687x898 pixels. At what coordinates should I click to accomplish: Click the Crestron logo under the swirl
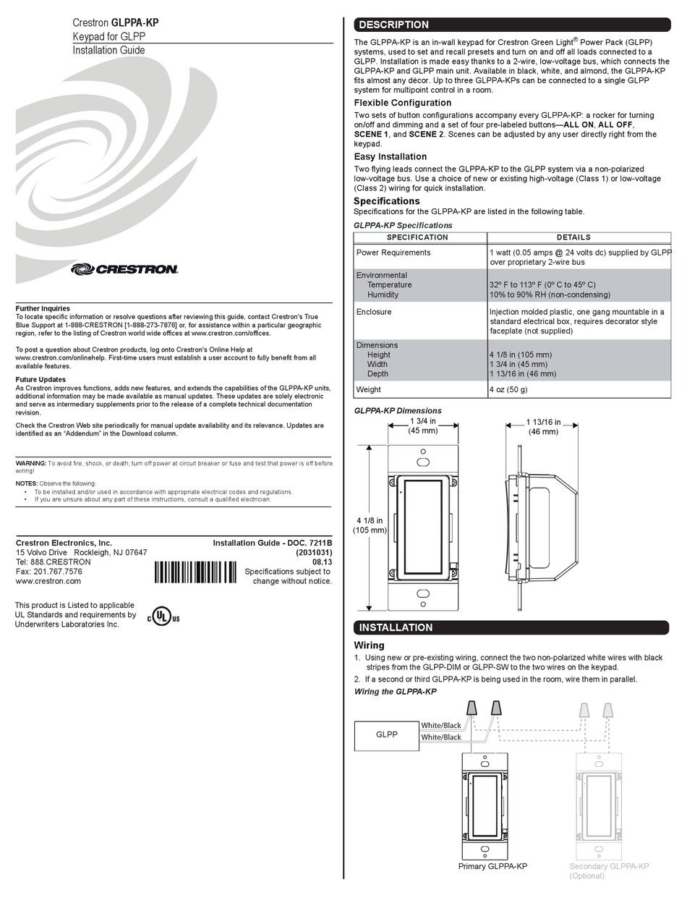coord(124,269)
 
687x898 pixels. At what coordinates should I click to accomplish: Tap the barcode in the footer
coord(195,572)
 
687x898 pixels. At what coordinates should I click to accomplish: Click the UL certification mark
coord(164,617)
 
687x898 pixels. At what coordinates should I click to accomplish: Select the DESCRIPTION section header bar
coord(511,25)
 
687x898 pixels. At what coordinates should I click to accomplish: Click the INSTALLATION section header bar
coord(511,627)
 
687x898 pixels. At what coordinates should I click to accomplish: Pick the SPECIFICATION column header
coord(417,237)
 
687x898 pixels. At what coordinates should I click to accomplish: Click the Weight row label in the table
coord(368,390)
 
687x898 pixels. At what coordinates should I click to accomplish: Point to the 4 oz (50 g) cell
coord(508,390)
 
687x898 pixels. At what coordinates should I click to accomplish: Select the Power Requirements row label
coord(393,253)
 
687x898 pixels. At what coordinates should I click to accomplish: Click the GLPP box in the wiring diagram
coord(386,735)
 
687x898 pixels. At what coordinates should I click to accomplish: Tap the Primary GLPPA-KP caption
coord(492,866)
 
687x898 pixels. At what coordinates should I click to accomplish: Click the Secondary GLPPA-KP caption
coord(609,866)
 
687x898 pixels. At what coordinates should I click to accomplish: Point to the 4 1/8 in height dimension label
coord(368,525)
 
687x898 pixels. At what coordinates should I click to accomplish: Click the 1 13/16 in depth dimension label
coord(543,427)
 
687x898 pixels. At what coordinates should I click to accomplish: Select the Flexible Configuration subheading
coord(402,103)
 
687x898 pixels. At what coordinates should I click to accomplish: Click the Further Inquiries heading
coord(43,308)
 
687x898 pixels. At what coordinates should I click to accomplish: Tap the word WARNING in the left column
coord(31,463)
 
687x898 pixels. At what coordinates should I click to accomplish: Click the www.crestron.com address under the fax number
coord(48,580)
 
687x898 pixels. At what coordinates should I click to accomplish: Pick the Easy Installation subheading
coord(390,156)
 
